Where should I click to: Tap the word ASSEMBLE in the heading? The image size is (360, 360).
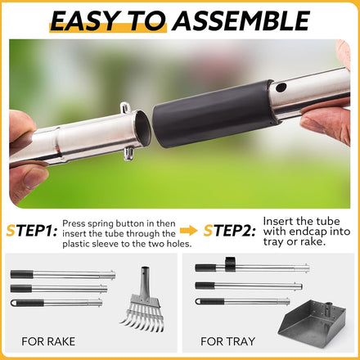coord(241,21)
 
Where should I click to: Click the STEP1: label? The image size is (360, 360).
coord(32,231)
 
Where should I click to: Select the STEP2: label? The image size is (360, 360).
coord(230,231)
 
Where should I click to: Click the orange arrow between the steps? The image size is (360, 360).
coord(189,231)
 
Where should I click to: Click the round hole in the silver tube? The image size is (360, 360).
coord(281,88)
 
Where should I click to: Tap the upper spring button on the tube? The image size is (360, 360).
coord(125,107)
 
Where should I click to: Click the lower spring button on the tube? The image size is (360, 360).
coord(128,154)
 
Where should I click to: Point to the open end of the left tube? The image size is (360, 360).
coord(142,128)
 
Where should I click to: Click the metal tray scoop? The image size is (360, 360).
coord(312,323)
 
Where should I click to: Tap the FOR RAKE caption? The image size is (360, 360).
coord(48,341)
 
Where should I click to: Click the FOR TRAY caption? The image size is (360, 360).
coord(227,341)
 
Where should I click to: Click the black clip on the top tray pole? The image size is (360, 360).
coord(230,264)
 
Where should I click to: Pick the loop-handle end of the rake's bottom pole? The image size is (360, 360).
coord(14,303)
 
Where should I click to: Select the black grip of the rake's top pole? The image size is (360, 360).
coord(22,274)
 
